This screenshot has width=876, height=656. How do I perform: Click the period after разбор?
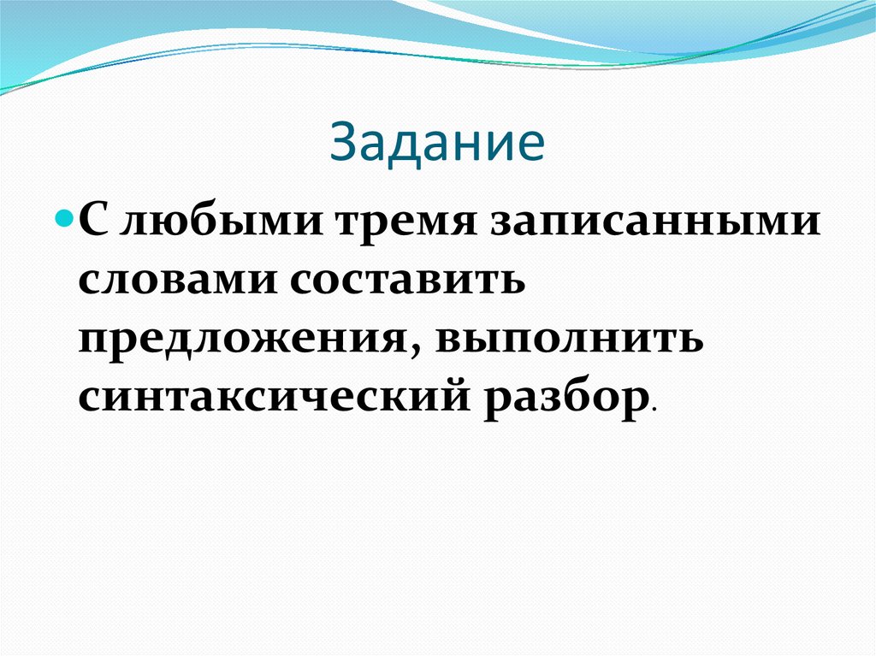pos(654,411)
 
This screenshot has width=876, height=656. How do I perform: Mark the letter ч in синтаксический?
pos(332,399)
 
